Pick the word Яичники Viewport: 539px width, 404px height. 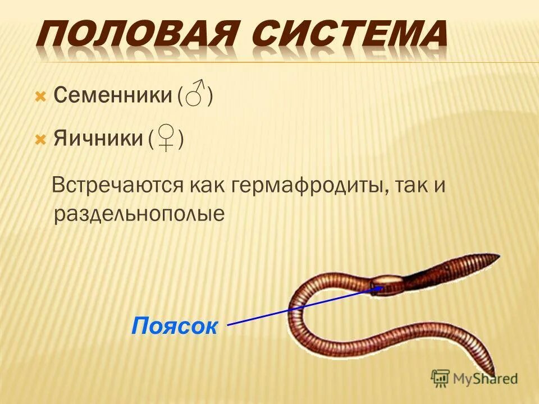(x=98, y=139)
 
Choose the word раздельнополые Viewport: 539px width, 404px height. (x=139, y=214)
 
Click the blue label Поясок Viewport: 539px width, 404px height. (x=174, y=325)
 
